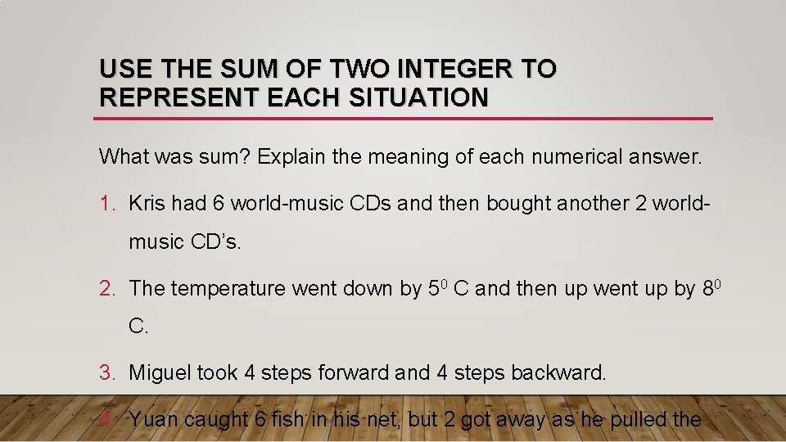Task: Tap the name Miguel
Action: (x=161, y=373)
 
